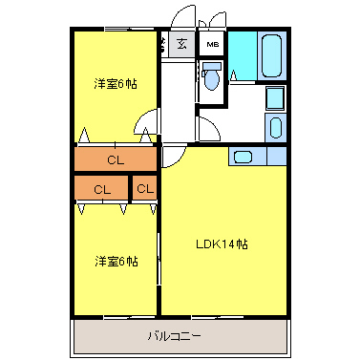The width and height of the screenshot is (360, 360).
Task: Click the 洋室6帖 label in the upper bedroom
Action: (x=115, y=84)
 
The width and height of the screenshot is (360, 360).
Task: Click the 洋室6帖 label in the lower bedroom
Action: (x=115, y=261)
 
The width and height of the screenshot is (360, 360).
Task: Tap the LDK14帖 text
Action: (x=223, y=244)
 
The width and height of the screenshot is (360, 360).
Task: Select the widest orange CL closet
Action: (x=115, y=159)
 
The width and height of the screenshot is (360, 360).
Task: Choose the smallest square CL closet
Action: (x=144, y=188)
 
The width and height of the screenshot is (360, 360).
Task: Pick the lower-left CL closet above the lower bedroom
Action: (x=101, y=188)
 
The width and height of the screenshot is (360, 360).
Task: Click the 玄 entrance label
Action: (x=181, y=44)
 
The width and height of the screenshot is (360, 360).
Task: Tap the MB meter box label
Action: (x=212, y=44)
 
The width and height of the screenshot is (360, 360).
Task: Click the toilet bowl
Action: (x=212, y=81)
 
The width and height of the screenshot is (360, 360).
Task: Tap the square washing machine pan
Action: (x=275, y=99)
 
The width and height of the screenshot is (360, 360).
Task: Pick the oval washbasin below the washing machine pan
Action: (x=275, y=128)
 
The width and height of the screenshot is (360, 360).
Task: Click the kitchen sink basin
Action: (x=243, y=157)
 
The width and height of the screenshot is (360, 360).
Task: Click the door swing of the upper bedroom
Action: (x=146, y=122)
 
